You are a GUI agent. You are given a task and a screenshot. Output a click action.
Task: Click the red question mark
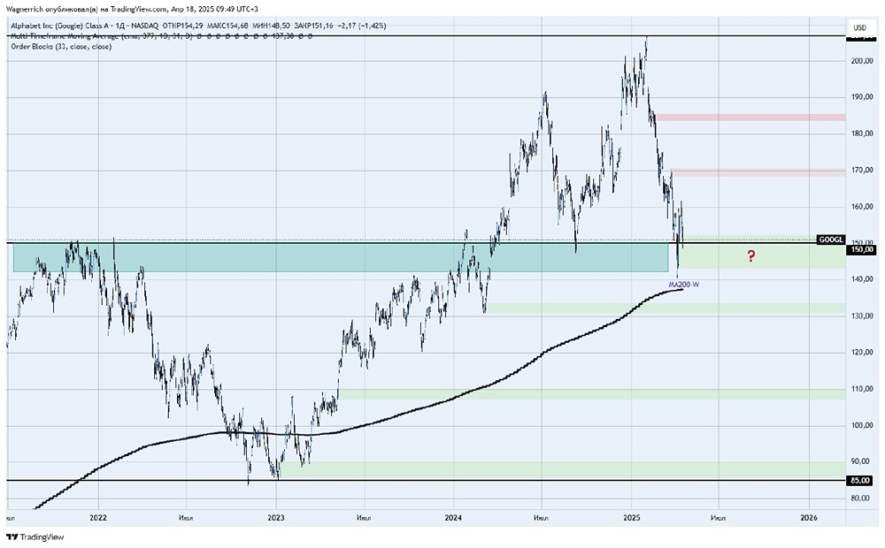tap(750, 256)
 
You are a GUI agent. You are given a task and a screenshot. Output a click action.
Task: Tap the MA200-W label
tap(686, 284)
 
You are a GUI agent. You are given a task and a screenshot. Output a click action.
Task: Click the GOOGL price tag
tap(831, 240)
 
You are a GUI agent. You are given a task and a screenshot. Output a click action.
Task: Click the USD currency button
tap(859, 28)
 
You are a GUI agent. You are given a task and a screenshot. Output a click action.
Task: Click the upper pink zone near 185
tap(749, 117)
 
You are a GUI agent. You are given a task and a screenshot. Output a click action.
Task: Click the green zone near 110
tap(584, 394)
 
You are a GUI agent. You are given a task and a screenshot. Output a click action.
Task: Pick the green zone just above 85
tap(566, 468)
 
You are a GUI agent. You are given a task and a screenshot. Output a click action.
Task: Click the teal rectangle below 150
tap(336, 258)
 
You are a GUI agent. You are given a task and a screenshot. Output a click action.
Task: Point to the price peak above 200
tap(646, 39)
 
